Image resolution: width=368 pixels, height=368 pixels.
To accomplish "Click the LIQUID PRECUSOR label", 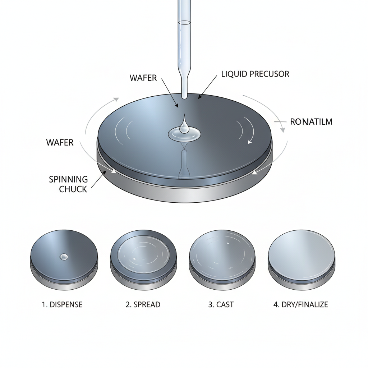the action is coord(255,74).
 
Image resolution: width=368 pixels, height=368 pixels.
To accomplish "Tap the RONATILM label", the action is coord(311,122).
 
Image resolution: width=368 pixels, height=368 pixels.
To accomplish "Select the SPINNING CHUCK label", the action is coord(68,184).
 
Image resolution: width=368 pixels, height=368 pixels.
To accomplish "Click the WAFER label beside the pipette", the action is coord(143,78).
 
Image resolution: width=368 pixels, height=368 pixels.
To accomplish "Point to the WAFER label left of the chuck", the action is coord(60,142).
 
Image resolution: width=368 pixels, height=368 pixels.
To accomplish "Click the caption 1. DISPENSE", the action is coord(62,305).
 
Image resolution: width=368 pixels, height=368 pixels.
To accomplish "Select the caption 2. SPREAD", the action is coord(143,305).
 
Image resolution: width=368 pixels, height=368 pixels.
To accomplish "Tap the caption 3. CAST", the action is coord(221,305).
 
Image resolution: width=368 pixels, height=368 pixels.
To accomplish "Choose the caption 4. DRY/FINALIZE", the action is coord(301,305).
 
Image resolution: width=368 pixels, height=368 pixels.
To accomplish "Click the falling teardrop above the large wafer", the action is coord(184,124).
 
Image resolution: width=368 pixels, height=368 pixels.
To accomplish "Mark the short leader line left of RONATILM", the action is coord(280,122).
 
